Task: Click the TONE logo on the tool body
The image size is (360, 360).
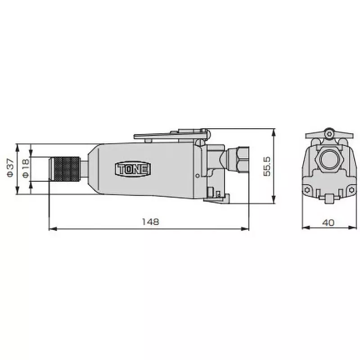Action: pyautogui.click(x=134, y=169)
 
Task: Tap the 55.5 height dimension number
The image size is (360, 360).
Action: pyautogui.click(x=267, y=166)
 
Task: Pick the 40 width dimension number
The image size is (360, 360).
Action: pyautogui.click(x=328, y=222)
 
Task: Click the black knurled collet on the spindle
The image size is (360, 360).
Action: pyautogui.click(x=65, y=169)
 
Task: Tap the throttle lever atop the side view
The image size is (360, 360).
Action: pyautogui.click(x=171, y=134)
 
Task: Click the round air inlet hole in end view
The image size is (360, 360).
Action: pyautogui.click(x=327, y=160)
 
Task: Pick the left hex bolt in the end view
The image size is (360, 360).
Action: pyautogui.click(x=307, y=190)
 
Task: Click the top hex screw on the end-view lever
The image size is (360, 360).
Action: pyautogui.click(x=330, y=133)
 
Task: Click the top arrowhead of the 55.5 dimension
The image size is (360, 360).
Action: pyautogui.click(x=274, y=131)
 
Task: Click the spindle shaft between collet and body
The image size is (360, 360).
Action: pyautogui.click(x=84, y=169)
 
